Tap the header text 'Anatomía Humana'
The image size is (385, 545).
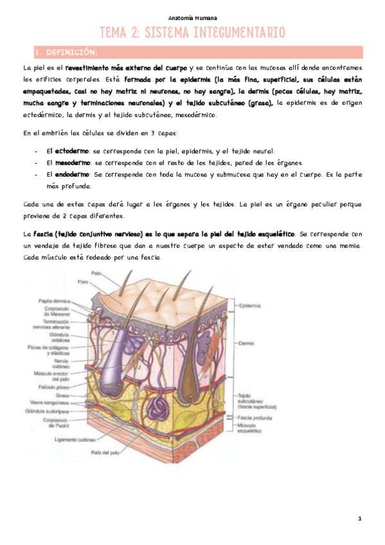click(192, 17)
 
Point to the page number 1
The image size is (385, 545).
click(360, 518)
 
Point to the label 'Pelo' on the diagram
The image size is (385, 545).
click(97, 273)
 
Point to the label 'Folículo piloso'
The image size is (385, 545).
click(53, 388)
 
